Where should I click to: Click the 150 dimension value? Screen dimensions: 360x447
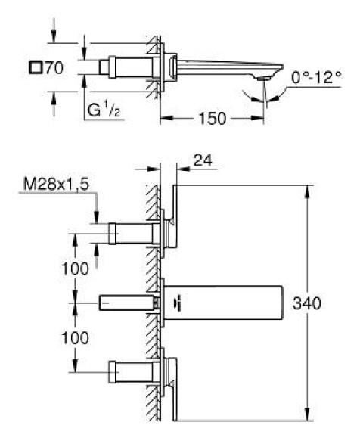point(213,118)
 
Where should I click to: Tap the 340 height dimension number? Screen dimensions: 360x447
point(307,303)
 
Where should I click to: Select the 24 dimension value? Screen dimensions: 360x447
point(203,160)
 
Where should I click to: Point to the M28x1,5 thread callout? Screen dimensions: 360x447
point(56,184)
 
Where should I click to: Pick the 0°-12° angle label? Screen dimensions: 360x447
point(316,77)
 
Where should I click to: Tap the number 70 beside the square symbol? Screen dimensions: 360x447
point(54,68)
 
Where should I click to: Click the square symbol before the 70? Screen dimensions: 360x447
point(36,68)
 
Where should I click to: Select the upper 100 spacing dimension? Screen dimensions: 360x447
point(75,269)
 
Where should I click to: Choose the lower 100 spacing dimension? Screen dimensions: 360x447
point(75,338)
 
